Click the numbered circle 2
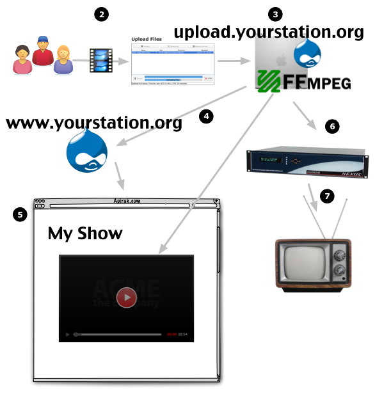tap(100, 14)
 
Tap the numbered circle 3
tap(276, 14)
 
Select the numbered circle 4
tap(205, 117)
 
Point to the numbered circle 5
tap(20, 215)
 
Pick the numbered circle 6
tap(331, 127)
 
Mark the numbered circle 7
tap(327, 196)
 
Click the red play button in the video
tap(127, 297)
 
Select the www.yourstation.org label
tap(93, 123)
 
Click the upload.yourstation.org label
tap(268, 32)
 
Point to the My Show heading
tap(85, 234)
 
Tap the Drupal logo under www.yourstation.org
tap(87, 151)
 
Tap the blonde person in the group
tap(63, 59)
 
